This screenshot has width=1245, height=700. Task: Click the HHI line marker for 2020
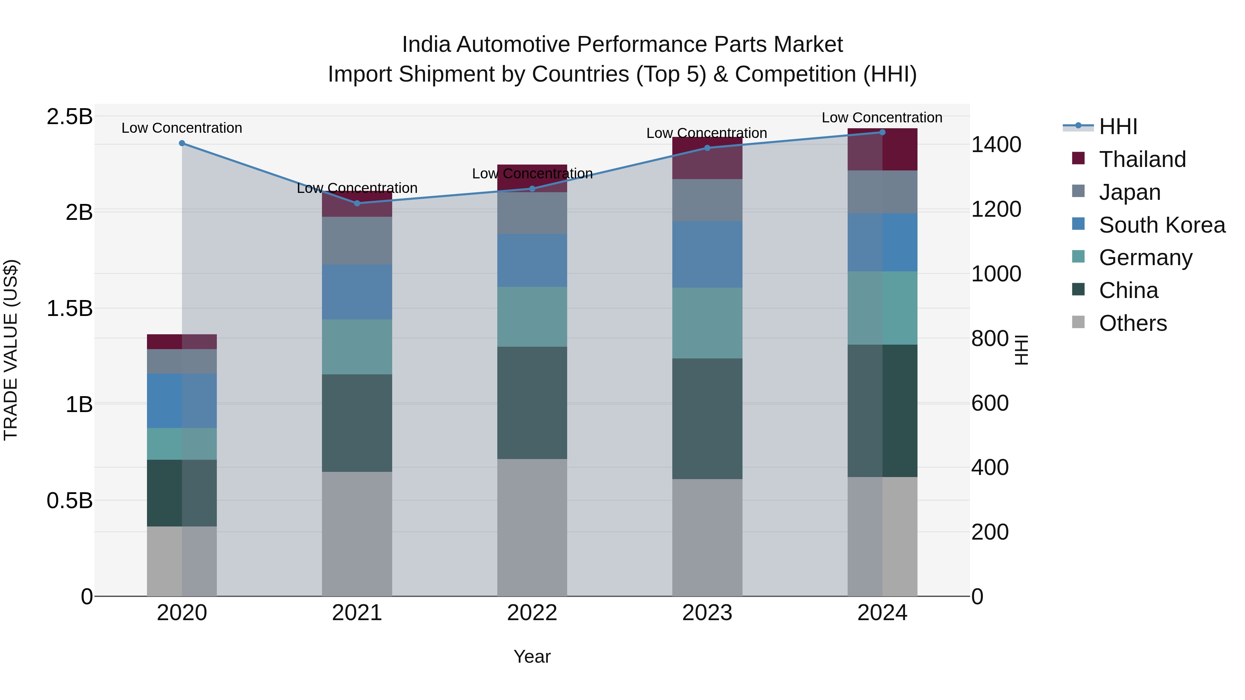point(182,143)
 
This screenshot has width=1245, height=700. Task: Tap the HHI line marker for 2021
point(357,203)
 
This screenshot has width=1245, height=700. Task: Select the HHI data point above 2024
point(882,132)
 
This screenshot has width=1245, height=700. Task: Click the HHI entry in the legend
point(1118,127)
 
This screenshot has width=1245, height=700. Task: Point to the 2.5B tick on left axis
point(70,117)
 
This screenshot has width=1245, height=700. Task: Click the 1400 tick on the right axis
point(996,144)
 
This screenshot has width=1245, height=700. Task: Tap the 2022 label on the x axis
point(532,613)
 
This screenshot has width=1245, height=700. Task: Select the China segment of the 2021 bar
point(357,423)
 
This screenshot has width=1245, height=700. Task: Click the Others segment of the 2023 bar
point(707,537)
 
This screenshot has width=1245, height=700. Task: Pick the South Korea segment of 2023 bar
point(707,254)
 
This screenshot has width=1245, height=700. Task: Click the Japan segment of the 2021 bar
point(357,240)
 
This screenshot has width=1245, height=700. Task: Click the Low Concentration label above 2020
point(182,128)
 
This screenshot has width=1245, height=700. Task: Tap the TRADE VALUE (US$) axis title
point(11,350)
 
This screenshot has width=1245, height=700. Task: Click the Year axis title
point(532,656)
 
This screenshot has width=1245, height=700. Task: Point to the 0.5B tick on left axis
point(70,501)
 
